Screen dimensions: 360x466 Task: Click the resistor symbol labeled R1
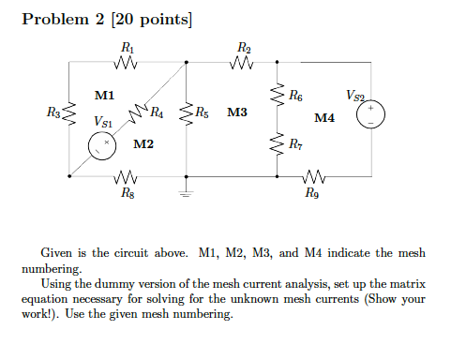tap(127, 65)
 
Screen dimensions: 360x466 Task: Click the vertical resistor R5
tap(186, 115)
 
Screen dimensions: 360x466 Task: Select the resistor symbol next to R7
tap(278, 144)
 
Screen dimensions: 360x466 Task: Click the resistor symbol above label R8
tap(127, 176)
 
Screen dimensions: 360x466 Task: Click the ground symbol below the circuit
tap(186, 193)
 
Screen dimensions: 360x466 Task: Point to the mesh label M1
tap(104, 95)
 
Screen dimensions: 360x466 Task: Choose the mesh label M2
tap(143, 144)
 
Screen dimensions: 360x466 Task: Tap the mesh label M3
tap(236, 112)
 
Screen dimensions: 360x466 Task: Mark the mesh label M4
tap(324, 118)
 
